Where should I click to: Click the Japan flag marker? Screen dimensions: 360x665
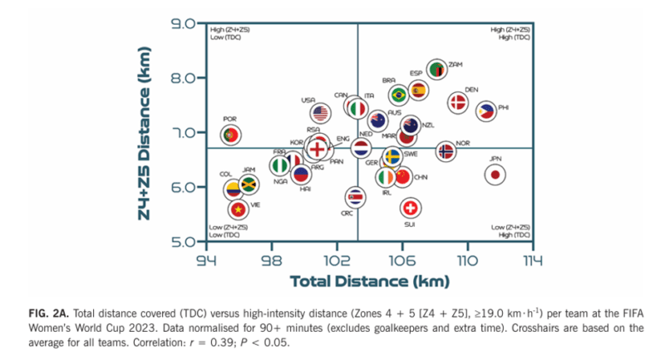(495, 175)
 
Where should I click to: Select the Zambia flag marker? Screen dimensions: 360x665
(437, 70)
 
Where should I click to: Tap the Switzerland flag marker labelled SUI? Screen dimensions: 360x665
(409, 208)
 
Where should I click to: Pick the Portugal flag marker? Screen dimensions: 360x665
(232, 134)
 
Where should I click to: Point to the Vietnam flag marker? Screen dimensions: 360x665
(239, 209)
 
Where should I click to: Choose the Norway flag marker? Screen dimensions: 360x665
(446, 151)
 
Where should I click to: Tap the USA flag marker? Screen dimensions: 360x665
(321, 113)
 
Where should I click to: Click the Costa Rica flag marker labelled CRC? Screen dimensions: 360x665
(355, 197)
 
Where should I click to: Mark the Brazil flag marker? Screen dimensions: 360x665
(399, 95)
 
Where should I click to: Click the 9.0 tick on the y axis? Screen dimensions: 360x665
(183, 23)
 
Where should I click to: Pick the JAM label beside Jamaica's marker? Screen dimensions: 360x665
(249, 170)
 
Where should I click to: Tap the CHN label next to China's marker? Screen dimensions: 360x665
(421, 177)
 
